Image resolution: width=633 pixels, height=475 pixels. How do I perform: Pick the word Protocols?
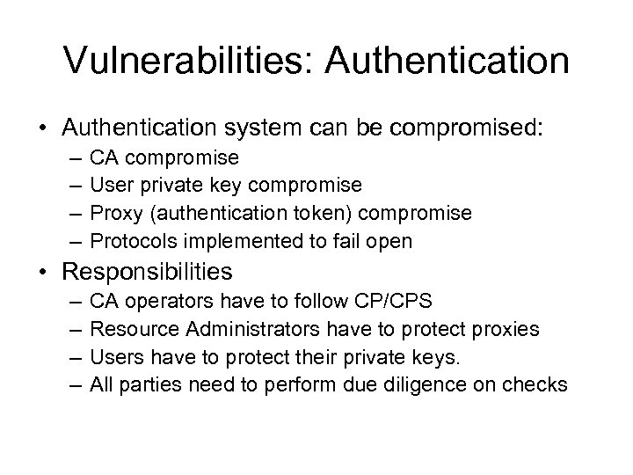[127, 241]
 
